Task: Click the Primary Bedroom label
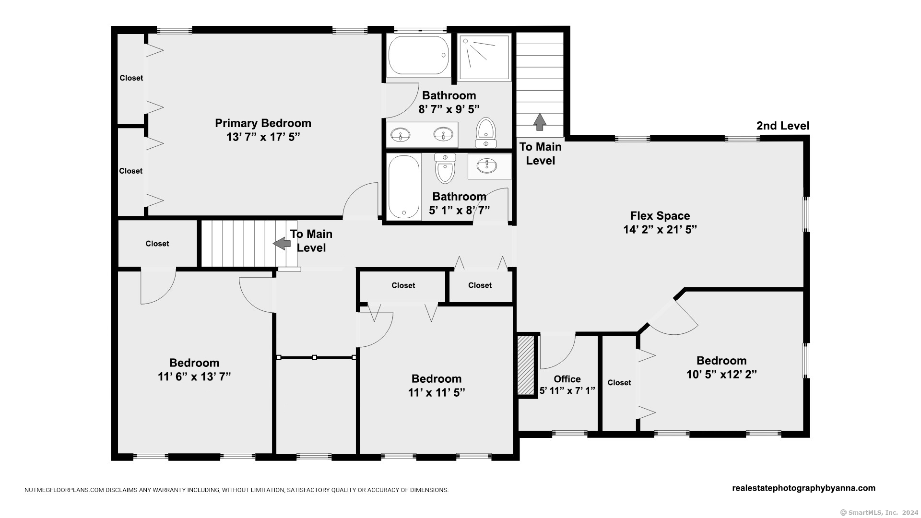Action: click(263, 124)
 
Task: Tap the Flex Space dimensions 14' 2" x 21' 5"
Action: click(660, 230)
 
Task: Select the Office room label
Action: click(567, 379)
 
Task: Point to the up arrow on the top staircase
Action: click(540, 122)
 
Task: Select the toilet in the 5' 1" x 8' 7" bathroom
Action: click(445, 168)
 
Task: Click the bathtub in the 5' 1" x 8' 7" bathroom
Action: click(404, 187)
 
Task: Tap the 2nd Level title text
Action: click(783, 126)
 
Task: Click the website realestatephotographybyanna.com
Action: click(803, 488)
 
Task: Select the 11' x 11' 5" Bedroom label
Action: click(437, 379)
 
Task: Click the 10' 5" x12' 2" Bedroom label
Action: click(721, 361)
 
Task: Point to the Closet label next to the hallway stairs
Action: click(157, 244)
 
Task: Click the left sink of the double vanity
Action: click(400, 135)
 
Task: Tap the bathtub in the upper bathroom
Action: click(418, 56)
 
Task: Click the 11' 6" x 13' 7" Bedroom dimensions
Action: click(194, 377)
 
